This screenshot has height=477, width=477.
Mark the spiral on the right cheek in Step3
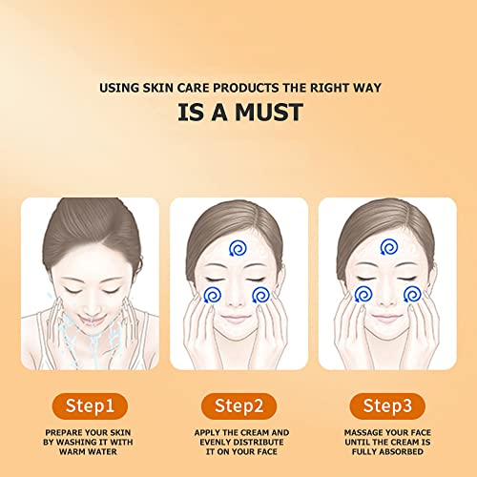point(412,292)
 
